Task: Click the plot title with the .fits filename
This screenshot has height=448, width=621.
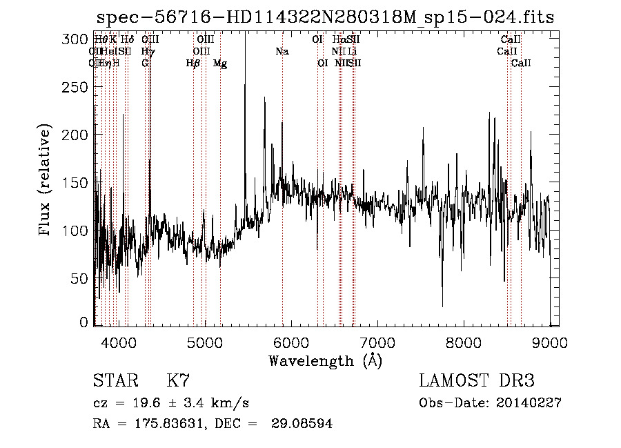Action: coord(325,17)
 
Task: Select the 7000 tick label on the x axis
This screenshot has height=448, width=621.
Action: coord(377,342)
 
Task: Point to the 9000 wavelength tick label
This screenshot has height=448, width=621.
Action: coord(550,342)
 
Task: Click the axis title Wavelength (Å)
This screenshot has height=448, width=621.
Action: coord(325,360)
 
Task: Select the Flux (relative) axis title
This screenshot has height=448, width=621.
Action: coord(46,181)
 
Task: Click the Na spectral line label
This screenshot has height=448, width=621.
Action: coord(282,52)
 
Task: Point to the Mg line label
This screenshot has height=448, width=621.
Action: coord(220,64)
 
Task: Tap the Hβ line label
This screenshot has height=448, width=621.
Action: coord(193,64)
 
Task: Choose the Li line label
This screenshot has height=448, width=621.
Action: coord(352,52)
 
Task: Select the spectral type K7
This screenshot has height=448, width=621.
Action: coord(178,381)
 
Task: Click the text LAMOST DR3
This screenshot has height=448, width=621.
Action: coord(477,381)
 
